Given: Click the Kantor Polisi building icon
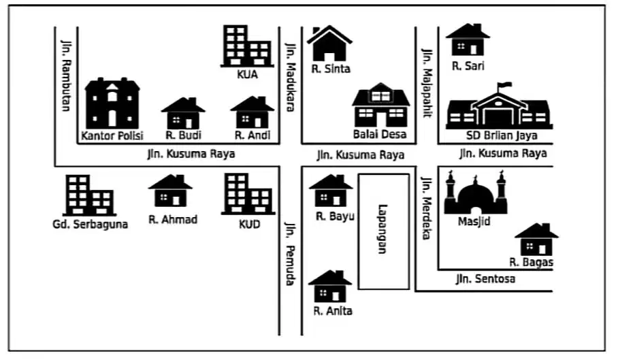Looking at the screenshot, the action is coord(112,103).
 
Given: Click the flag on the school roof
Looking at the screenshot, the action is coord(504,85).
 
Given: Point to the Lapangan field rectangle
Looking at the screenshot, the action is coord(383,231).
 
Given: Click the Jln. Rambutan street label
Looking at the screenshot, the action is coord(66,76).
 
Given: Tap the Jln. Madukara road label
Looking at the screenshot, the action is coord(291,77).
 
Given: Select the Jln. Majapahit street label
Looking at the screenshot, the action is coord(427,83).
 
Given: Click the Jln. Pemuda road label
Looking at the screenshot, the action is coord(290,253).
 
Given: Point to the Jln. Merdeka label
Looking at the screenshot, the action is coord(426,208).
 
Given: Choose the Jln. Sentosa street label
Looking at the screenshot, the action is coord(485,279).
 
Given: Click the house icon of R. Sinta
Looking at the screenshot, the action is coord(329,44).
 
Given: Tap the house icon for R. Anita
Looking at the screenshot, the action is coord(330,287).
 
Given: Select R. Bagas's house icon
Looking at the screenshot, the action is coord(536,240).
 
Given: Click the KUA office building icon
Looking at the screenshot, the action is coord(247,46).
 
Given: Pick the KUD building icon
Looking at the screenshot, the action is coord(248,194).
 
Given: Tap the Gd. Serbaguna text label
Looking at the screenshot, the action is coord(91,225).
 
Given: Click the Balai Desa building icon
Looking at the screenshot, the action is coord(380,105).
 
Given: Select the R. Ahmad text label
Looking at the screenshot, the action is coord(173,219).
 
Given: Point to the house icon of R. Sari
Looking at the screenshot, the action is coord(468,39).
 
